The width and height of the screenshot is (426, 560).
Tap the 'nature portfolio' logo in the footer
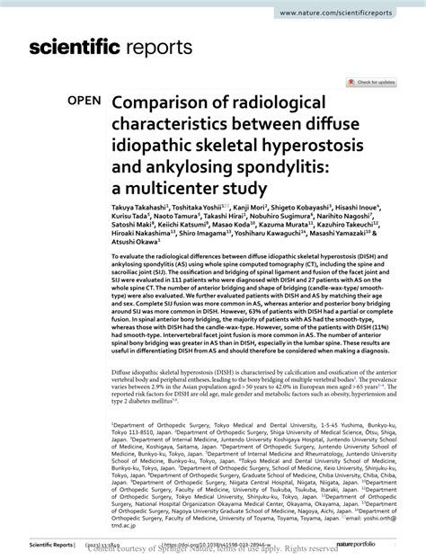tap(377, 543)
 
